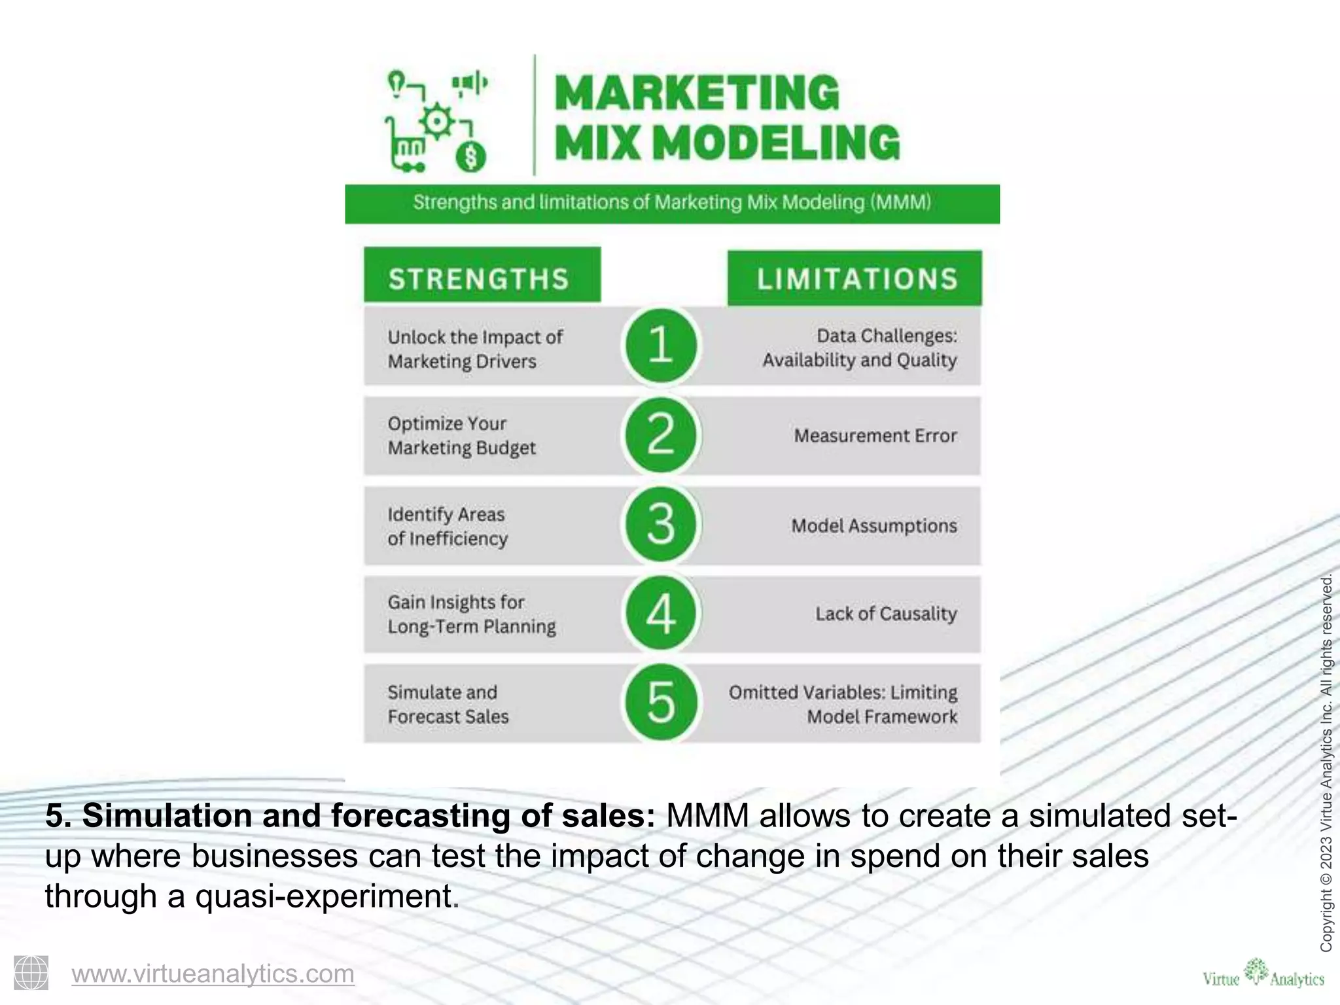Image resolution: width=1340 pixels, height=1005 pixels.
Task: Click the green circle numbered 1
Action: (661, 345)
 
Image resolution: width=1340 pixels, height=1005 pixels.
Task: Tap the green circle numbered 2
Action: (661, 435)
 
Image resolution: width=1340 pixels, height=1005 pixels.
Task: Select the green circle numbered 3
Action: (661, 524)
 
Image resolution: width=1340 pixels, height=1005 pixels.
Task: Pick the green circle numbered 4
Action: (661, 614)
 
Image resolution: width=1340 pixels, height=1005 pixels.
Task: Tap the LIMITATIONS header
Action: (855, 279)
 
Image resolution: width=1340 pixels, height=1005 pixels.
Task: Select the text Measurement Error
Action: (875, 436)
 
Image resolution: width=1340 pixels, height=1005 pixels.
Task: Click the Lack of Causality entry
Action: (885, 614)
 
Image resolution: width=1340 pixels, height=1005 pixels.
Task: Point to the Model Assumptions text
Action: (873, 525)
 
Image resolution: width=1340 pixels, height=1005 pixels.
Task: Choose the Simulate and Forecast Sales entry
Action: (448, 704)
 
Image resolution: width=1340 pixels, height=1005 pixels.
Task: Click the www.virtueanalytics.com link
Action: (213, 974)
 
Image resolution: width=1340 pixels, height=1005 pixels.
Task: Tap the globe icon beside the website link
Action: (31, 972)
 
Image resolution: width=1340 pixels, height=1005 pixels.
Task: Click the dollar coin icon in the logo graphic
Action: (471, 157)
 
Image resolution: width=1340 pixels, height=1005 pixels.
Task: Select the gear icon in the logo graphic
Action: (437, 121)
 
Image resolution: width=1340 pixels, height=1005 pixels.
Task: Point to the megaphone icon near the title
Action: (470, 84)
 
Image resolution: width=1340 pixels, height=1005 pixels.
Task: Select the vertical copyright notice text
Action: (1326, 762)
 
